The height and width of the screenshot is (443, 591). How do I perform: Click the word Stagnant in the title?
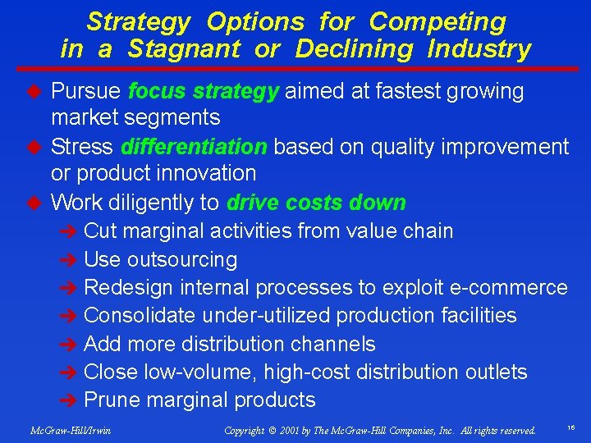coord(184,49)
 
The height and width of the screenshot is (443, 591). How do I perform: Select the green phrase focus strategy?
coord(204,91)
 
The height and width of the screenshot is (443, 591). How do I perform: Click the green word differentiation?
coord(194,147)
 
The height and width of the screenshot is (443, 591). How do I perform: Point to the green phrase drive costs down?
coord(316,203)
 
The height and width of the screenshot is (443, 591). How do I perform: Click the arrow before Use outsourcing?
coord(71,261)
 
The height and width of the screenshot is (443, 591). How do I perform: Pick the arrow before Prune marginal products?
coord(71,401)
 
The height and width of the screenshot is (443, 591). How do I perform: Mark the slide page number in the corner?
coord(569,428)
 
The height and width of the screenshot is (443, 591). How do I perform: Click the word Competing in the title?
coord(438,21)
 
